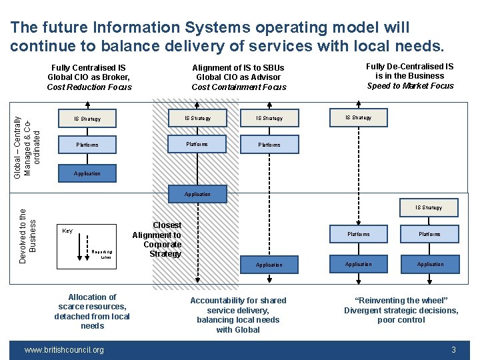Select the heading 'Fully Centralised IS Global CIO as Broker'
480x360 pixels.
(x=89, y=72)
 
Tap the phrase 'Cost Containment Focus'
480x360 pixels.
(x=239, y=87)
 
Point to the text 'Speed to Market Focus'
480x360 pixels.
(x=410, y=85)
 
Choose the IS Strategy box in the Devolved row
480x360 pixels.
(x=428, y=207)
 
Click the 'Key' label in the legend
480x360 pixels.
(x=67, y=231)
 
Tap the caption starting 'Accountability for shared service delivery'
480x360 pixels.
(x=238, y=315)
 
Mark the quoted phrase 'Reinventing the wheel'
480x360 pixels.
(x=401, y=301)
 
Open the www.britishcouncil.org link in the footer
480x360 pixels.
(x=64, y=350)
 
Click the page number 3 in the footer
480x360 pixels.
(x=453, y=350)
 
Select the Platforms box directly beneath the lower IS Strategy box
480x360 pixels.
(x=429, y=234)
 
